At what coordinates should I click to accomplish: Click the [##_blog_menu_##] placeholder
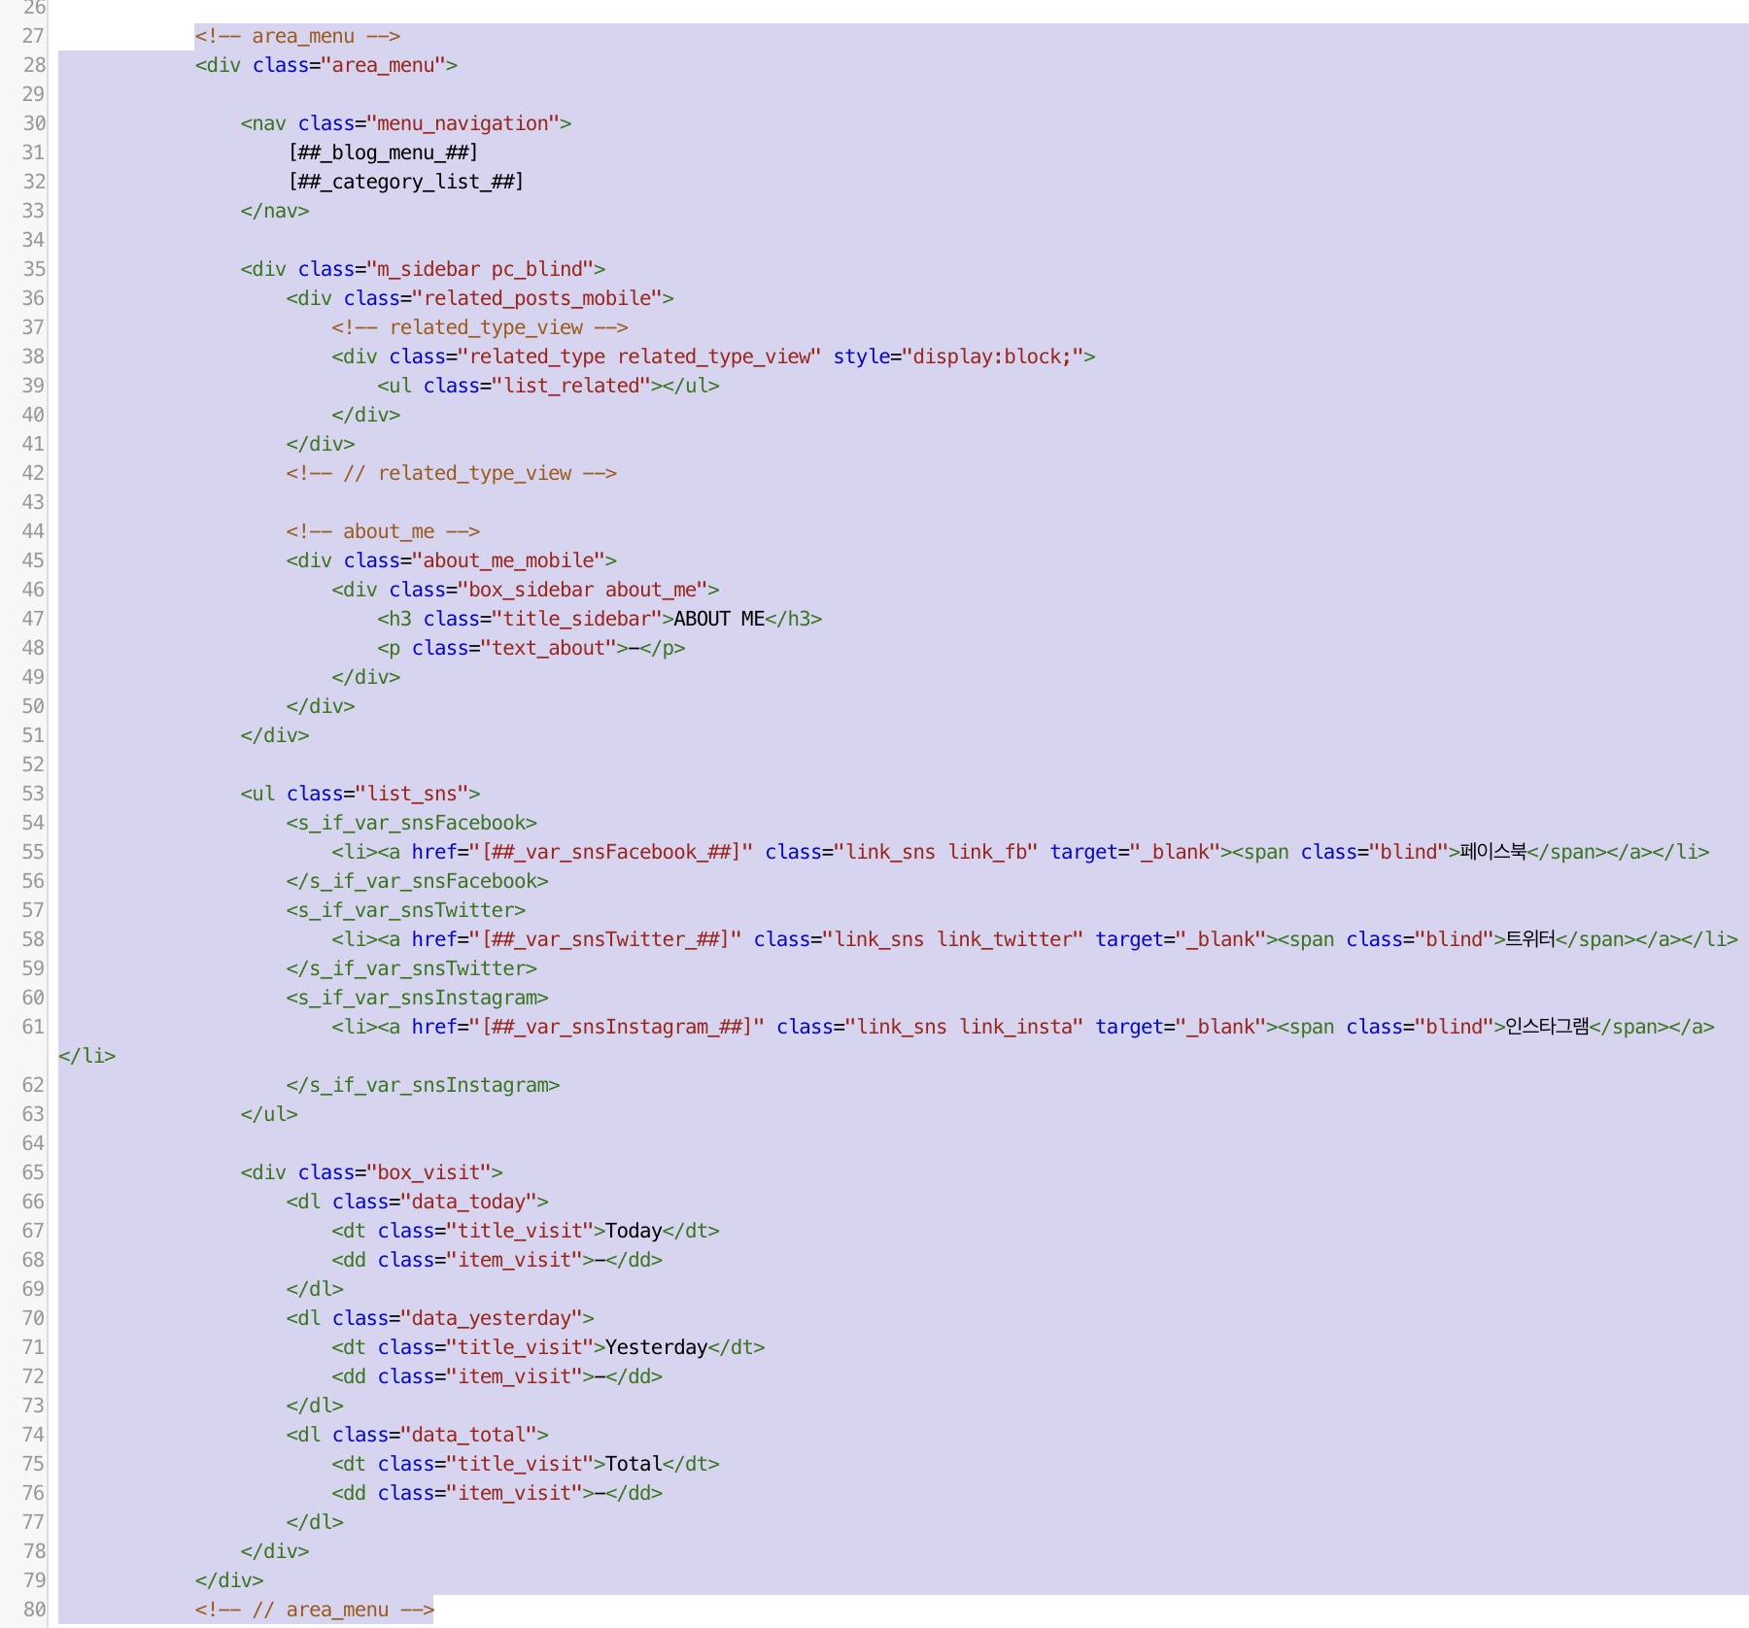coord(383,153)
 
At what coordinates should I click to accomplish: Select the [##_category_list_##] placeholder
coord(406,182)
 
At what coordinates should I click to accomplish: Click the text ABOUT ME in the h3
coord(719,619)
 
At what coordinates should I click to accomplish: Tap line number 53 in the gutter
coord(33,794)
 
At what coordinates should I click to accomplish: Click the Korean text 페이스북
coord(1492,852)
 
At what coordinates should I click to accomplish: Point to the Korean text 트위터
coord(1529,939)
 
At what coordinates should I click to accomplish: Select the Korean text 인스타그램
coord(1547,1027)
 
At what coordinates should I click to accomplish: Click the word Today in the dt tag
coord(634,1231)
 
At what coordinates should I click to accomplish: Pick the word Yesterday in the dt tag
coord(656,1347)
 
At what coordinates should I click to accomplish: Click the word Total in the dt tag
coord(634,1464)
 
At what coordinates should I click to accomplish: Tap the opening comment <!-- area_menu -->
coord(297,36)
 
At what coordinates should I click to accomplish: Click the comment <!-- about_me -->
coord(383,531)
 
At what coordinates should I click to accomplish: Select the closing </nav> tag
coord(275,211)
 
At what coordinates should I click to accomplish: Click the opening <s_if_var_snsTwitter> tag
coord(406,910)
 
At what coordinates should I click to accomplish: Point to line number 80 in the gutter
coord(33,1610)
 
